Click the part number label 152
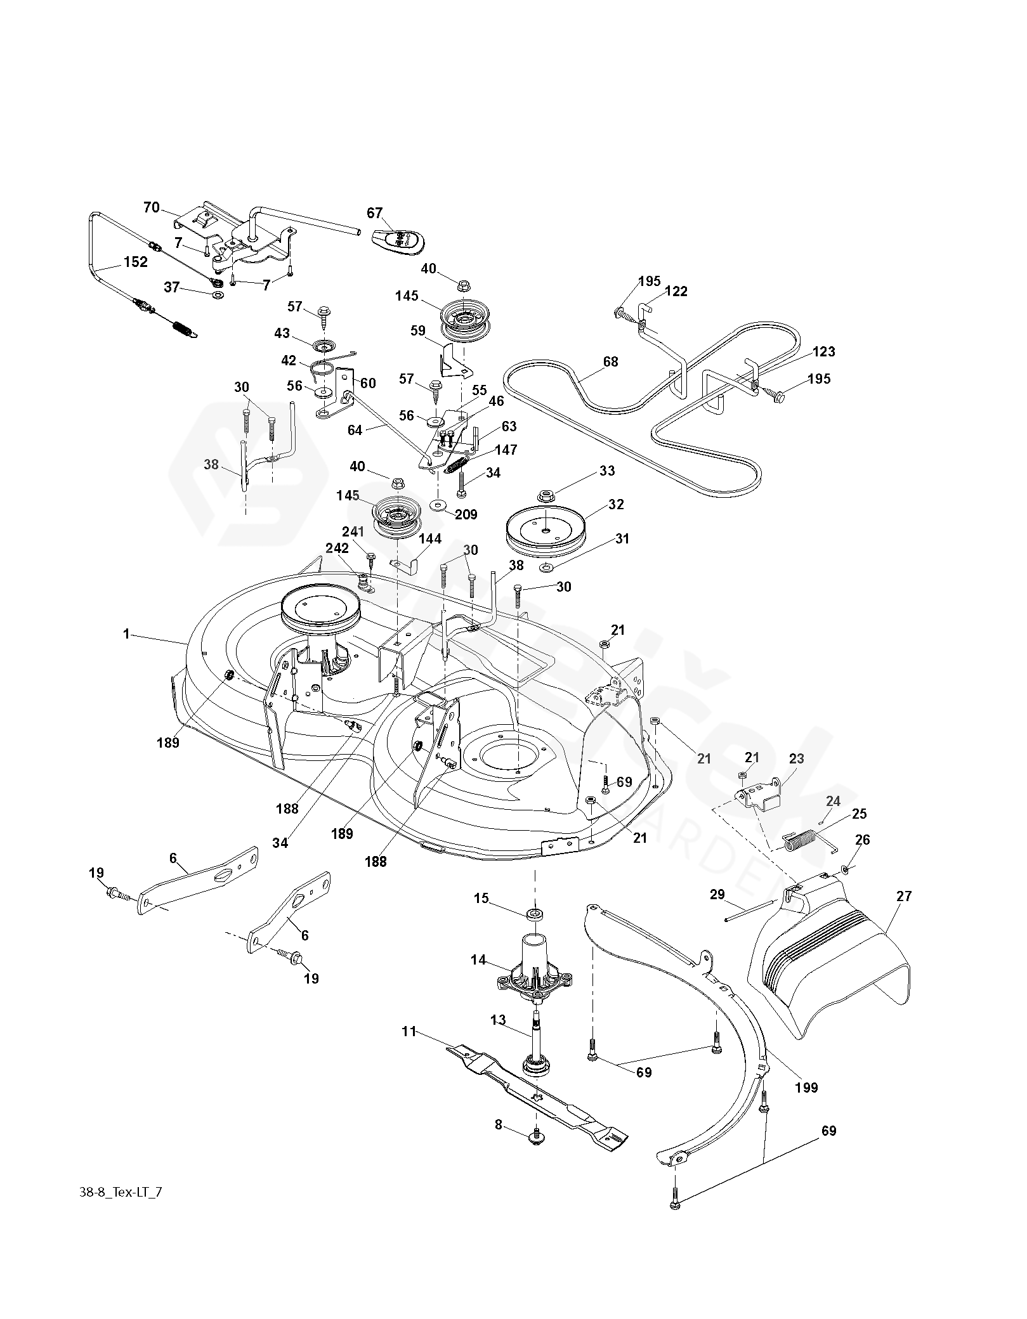coord(135,261)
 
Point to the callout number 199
coord(806,1088)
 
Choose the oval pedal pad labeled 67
coord(398,240)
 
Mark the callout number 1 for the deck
coord(126,634)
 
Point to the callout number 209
coord(466,514)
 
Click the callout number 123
coord(823,351)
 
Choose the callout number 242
coord(337,548)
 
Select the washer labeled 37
coord(218,296)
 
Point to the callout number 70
coord(152,207)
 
